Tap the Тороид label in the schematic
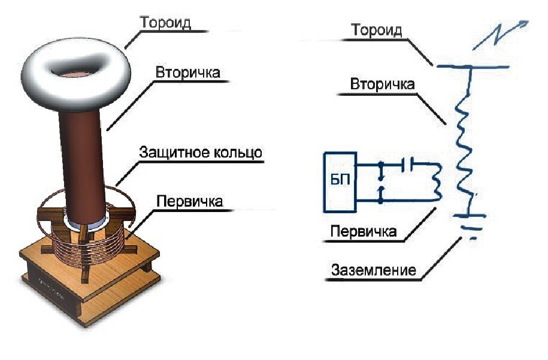coord(377,30)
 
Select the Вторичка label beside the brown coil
coord(187,72)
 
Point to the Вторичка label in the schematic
coord(382,84)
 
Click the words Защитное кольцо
coord(201,152)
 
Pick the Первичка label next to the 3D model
coord(189,201)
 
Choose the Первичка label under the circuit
coord(364,231)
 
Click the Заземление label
coord(374,270)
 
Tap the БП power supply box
coord(340,182)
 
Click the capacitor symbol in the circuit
coord(407,164)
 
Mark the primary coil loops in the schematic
coord(437,181)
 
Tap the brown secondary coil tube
coord(82,164)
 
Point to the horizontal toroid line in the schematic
coord(473,66)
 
